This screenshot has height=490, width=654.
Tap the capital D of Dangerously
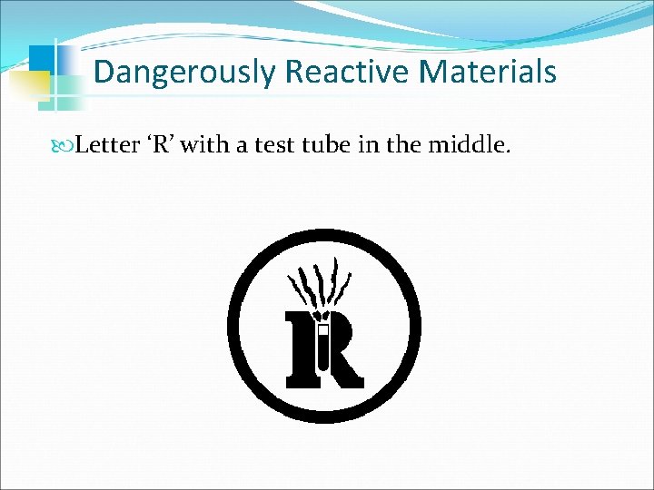(x=104, y=72)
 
